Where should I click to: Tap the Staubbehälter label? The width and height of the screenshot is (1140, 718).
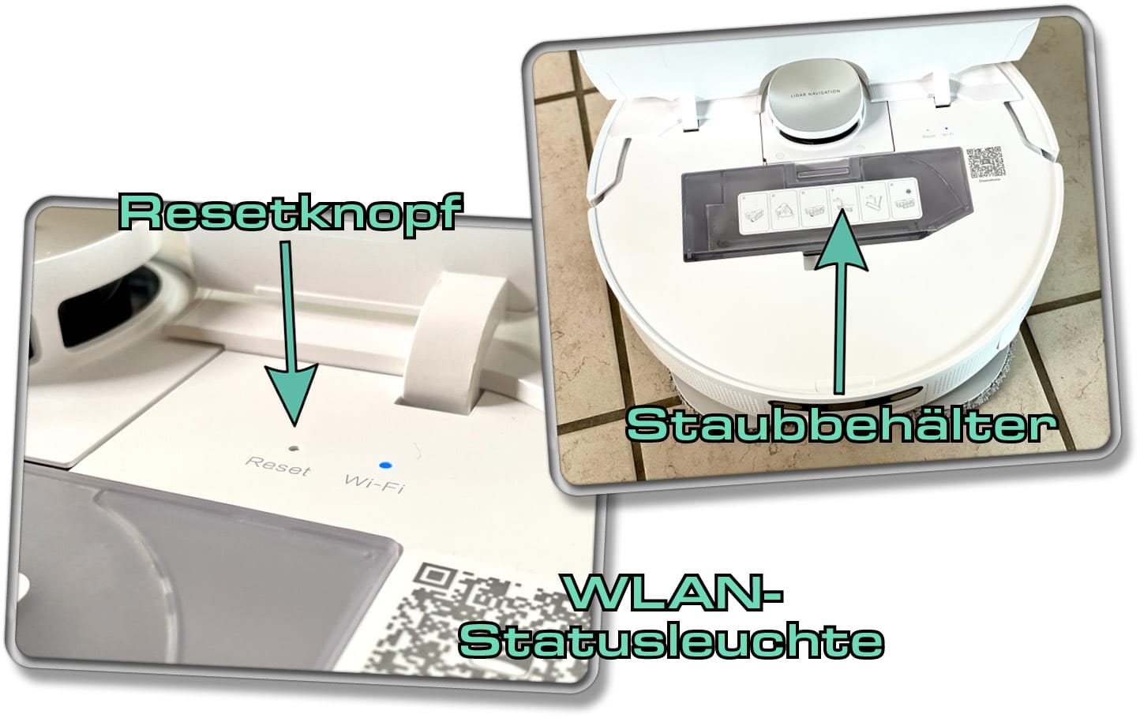tap(842, 425)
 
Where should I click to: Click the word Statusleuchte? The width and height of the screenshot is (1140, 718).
tap(672, 640)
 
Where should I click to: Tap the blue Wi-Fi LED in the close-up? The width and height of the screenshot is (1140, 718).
tap(385, 466)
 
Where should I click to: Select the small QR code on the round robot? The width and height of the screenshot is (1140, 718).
tap(984, 163)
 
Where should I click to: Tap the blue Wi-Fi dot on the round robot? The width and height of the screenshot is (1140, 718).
tap(946, 127)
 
